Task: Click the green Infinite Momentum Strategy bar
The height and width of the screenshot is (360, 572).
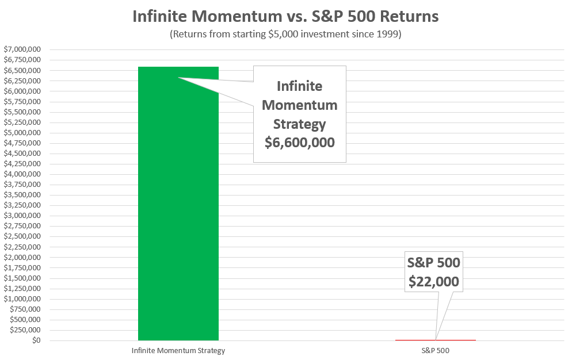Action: [x=178, y=204]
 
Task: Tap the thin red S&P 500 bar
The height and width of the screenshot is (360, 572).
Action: [x=435, y=340]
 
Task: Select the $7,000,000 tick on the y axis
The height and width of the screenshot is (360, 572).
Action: [x=22, y=49]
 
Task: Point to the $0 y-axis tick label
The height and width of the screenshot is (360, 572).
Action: [x=36, y=340]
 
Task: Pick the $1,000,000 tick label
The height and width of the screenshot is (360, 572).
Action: [x=22, y=298]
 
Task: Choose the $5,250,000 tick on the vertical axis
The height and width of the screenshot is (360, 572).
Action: [x=22, y=122]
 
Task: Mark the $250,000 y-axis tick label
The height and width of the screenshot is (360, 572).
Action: [x=25, y=330]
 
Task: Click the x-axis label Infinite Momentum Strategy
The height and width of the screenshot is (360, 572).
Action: [x=178, y=351]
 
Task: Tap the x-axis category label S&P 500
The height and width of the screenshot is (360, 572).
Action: [x=435, y=351]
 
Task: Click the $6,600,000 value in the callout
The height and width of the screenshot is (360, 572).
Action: [x=299, y=143]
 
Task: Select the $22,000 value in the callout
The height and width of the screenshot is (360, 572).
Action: [x=434, y=282]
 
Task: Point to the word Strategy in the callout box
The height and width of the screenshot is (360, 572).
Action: [x=299, y=124]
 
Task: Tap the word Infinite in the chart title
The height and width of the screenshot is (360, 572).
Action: [x=160, y=17]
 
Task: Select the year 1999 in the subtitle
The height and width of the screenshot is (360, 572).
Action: [x=387, y=35]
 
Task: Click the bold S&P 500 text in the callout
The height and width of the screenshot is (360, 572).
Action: [x=434, y=263]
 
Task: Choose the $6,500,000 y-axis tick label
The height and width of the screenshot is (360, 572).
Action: [x=22, y=70]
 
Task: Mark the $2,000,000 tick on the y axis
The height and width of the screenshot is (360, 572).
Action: [x=22, y=257]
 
